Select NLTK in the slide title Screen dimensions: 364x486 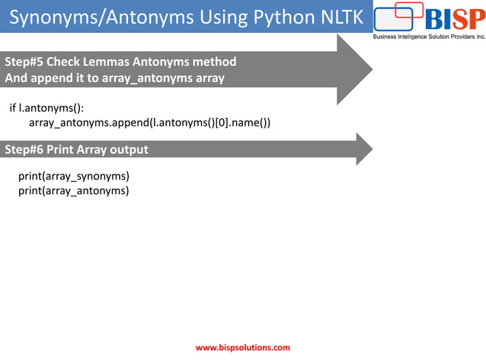click(336, 15)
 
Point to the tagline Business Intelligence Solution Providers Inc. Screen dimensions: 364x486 click(428, 36)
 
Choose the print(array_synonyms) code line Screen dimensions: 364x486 click(74, 176)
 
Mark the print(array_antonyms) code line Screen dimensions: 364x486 click(74, 190)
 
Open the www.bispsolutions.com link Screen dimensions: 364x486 click(243, 348)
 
